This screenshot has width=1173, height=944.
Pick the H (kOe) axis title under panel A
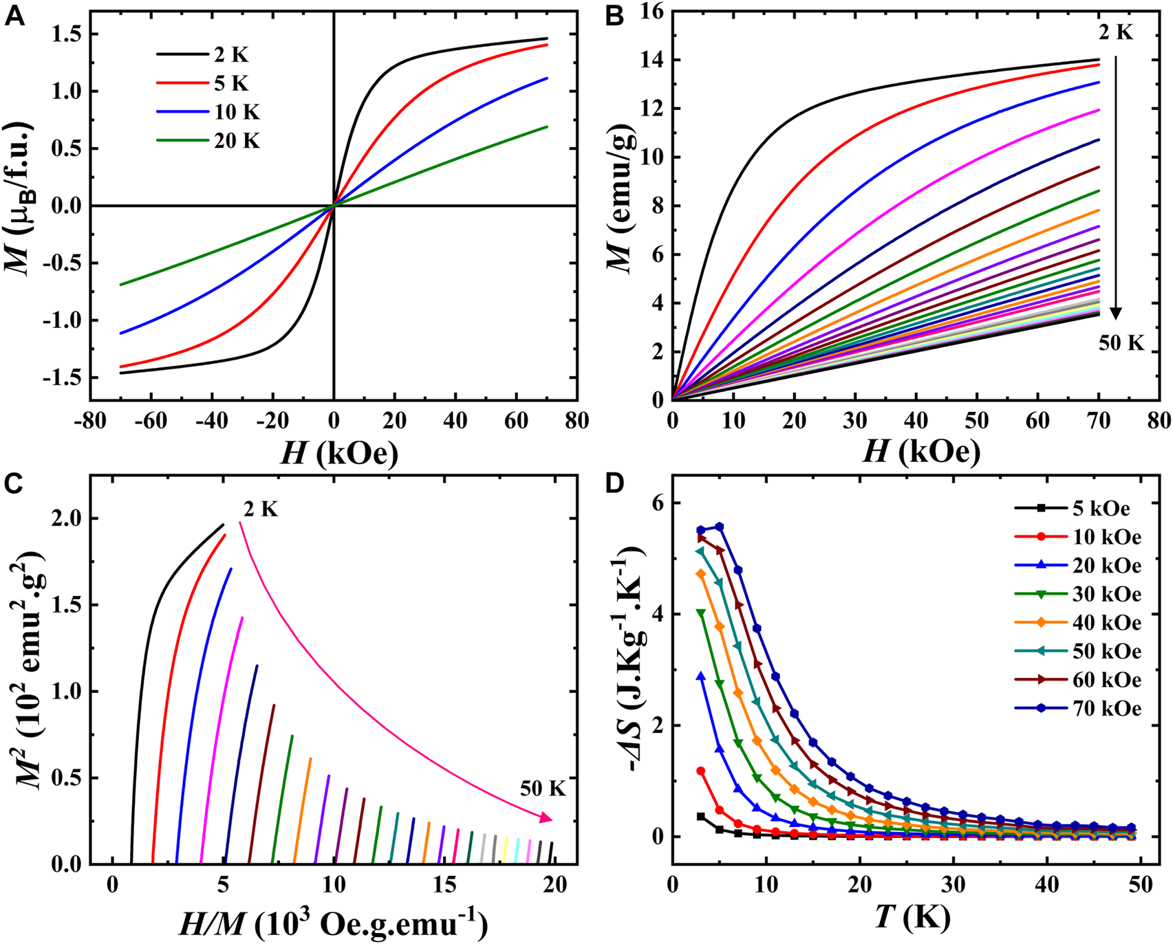click(338, 452)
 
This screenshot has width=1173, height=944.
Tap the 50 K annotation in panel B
click(1121, 343)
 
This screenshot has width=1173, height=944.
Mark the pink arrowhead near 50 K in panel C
click(546, 817)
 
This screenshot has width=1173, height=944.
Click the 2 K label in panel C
click(261, 509)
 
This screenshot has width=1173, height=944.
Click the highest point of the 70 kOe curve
click(720, 527)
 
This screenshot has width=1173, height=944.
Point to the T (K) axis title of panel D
click(912, 917)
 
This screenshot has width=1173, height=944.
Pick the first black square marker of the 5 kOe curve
click(701, 816)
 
